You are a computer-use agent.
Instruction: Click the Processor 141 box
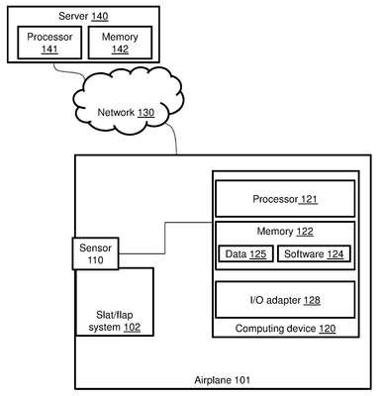click(49, 43)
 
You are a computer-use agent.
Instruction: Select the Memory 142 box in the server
click(120, 43)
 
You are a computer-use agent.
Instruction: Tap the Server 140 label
click(83, 16)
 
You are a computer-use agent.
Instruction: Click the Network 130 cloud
click(127, 101)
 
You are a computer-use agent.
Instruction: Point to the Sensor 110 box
click(95, 253)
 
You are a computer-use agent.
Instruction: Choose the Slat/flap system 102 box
click(115, 302)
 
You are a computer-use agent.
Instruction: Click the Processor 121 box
click(285, 199)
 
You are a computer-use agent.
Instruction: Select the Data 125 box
click(245, 254)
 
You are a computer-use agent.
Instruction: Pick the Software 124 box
click(314, 254)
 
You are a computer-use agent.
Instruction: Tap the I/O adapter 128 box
click(285, 300)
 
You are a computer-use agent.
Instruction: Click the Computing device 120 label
click(285, 329)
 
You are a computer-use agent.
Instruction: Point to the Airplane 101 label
click(222, 380)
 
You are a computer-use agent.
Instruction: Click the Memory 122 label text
click(285, 232)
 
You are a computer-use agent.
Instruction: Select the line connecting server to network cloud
click(69, 71)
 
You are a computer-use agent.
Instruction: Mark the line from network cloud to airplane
click(173, 138)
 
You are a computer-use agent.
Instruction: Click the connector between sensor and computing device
click(165, 238)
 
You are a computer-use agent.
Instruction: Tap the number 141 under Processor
click(49, 49)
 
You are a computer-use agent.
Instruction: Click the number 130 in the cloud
click(145, 113)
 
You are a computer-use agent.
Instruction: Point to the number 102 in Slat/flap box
click(132, 328)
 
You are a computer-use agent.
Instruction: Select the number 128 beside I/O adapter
click(312, 300)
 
